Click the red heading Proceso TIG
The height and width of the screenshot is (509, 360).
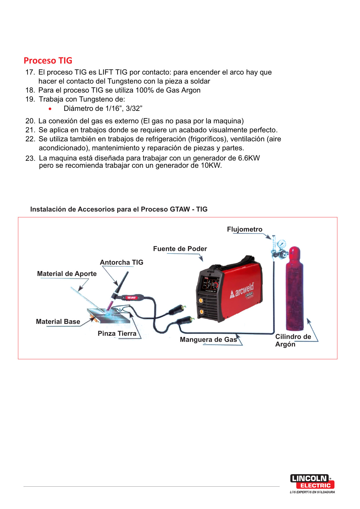48,61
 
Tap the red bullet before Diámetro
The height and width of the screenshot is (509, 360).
50,109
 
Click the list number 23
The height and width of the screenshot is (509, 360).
30,158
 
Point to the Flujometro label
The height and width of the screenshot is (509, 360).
245,230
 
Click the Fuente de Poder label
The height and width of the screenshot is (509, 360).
180,249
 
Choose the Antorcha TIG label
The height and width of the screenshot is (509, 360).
122,262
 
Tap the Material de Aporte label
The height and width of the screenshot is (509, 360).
67,274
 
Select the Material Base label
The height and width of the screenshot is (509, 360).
58,322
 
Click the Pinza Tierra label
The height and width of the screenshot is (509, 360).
117,334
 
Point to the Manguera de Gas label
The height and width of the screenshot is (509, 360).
208,340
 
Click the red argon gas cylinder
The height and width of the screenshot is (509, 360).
294,290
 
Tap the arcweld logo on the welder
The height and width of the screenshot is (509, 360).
242,290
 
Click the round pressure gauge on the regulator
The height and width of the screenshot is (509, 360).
281,244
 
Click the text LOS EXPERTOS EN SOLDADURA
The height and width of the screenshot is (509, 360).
312,492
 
